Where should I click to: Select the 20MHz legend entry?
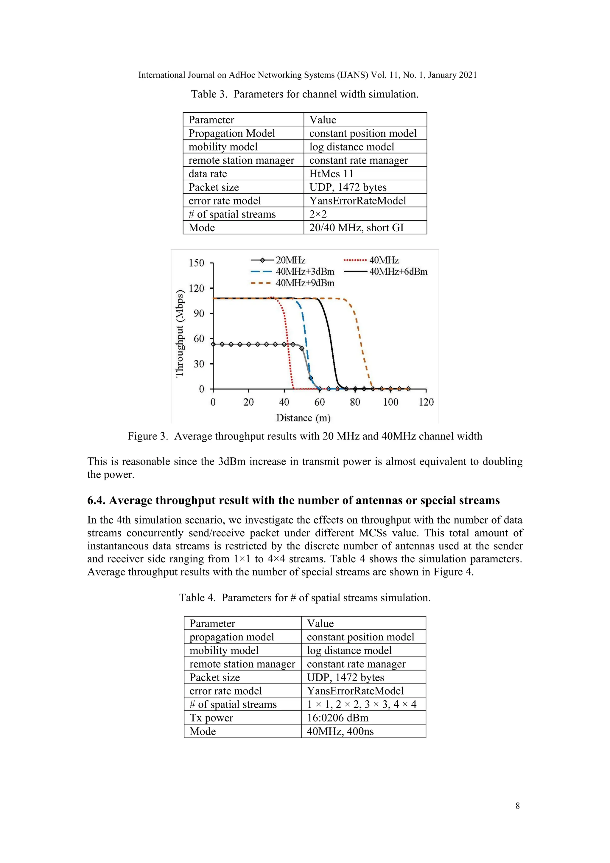(290, 260)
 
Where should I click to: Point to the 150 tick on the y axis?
(197, 263)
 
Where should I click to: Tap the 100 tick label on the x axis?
(390, 402)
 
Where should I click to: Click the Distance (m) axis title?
(303, 418)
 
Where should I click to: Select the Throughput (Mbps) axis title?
(180, 333)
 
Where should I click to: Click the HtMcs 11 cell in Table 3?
(331, 174)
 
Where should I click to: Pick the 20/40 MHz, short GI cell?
(356, 228)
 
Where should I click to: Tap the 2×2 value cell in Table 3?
(318, 214)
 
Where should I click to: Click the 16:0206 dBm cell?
(337, 718)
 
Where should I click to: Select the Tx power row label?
(211, 718)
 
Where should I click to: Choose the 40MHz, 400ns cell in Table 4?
(340, 732)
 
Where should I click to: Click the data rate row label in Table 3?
(208, 174)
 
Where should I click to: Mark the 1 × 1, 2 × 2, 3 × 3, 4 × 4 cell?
(361, 704)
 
